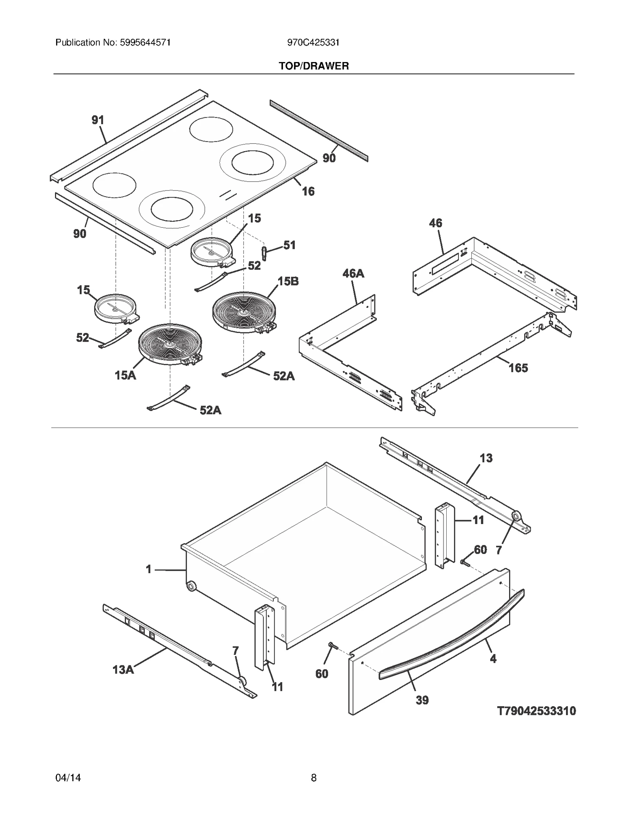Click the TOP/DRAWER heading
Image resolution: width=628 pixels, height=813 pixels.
point(314,66)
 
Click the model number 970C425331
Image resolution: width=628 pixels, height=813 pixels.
point(313,42)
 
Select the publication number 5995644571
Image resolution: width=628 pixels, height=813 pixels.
point(144,42)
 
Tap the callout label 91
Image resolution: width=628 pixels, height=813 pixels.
point(98,120)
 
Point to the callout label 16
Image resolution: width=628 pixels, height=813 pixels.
point(308,191)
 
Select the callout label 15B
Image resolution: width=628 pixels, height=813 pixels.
point(288,281)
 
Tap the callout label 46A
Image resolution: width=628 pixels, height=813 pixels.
point(353,273)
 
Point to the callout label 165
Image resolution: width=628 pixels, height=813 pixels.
point(518,368)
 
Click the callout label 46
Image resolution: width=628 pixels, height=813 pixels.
point(435,223)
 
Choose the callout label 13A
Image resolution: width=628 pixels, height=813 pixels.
point(123,669)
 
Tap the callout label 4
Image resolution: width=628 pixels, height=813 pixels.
point(493,658)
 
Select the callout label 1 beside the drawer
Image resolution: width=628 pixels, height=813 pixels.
point(148,569)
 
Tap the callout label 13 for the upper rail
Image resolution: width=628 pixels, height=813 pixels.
point(486,458)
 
